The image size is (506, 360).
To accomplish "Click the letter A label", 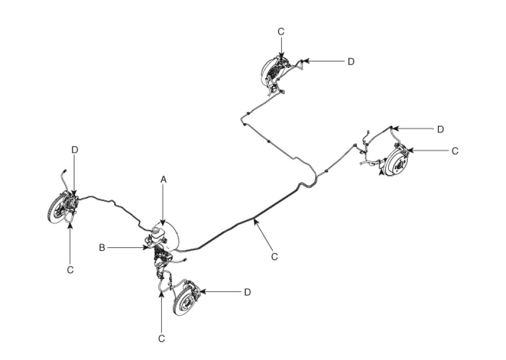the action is click(x=163, y=179).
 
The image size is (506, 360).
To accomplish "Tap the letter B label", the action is click(x=102, y=248).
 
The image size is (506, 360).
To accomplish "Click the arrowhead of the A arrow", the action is click(x=163, y=224).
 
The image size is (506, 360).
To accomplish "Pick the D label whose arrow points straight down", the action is click(x=75, y=150).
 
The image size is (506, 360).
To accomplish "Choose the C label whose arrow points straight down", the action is click(x=281, y=31).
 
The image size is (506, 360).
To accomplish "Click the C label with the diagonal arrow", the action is click(x=274, y=257).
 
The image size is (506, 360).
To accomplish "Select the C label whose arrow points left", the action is click(x=455, y=151).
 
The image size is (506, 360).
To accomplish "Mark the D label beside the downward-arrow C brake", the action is click(x=351, y=61).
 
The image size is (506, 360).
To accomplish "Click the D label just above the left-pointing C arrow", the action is click(x=439, y=129).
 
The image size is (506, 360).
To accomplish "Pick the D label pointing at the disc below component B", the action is click(x=247, y=292).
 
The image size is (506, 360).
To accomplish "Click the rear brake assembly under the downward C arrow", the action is click(x=272, y=72).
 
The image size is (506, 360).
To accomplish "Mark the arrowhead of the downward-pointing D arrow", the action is click(x=75, y=195).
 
